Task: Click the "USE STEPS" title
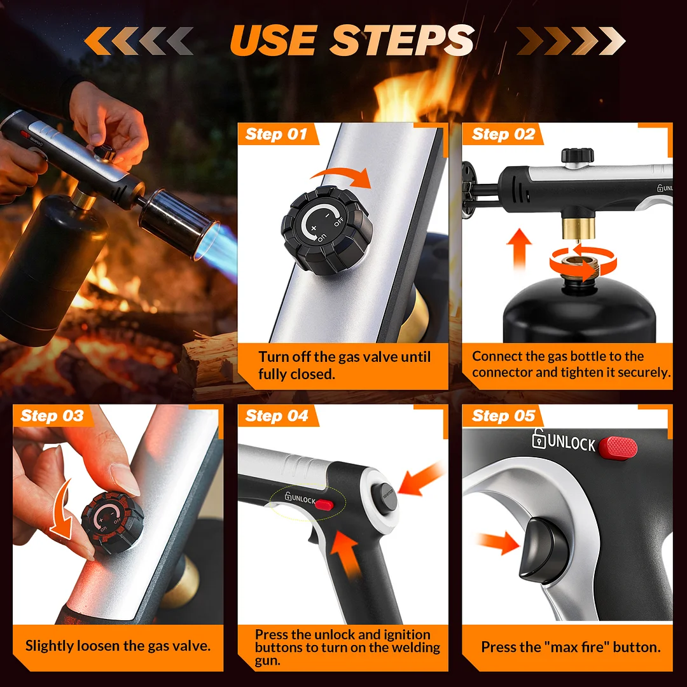[x=352, y=40]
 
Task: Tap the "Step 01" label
[x=276, y=134]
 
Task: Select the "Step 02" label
[x=503, y=134]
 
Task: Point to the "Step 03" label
[x=52, y=415]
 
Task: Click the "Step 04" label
[x=277, y=415]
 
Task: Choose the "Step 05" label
[x=503, y=415]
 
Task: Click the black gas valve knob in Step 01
[x=327, y=230]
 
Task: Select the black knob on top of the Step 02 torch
[x=578, y=156]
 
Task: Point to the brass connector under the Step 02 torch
[x=578, y=227]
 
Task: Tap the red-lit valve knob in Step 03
[x=112, y=522]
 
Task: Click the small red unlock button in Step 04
[x=324, y=504]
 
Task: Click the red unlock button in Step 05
[x=618, y=448]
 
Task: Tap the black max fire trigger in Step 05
[x=544, y=550]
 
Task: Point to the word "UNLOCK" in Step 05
[x=571, y=443]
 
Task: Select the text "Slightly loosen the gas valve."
[x=118, y=646]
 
